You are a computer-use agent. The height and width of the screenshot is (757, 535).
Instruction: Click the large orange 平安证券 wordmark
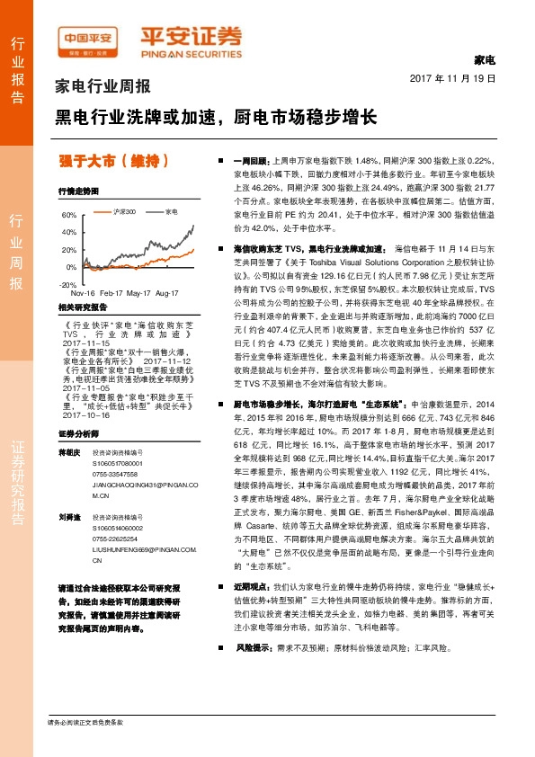click(x=191, y=38)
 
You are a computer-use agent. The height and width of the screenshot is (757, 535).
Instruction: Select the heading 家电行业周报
click(x=103, y=87)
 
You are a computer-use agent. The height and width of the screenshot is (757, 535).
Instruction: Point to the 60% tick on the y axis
click(x=69, y=216)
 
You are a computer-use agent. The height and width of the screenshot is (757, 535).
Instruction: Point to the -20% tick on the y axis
click(x=67, y=284)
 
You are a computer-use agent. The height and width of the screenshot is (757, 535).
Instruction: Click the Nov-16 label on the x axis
click(x=83, y=294)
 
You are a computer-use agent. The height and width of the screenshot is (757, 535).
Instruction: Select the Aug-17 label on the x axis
click(x=168, y=294)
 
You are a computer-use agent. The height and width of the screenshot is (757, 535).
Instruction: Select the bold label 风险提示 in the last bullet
click(x=254, y=672)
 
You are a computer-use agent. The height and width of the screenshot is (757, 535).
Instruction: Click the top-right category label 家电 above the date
click(x=485, y=60)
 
